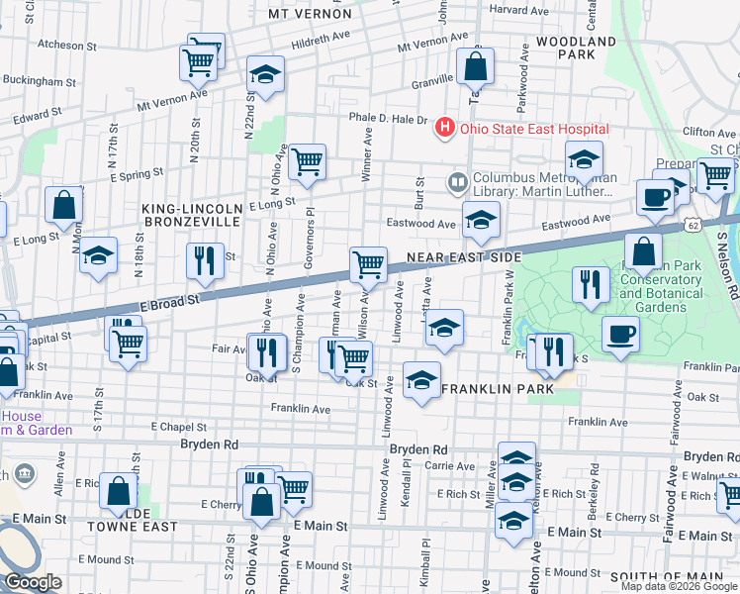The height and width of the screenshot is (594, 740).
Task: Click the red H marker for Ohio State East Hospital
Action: tap(444, 129)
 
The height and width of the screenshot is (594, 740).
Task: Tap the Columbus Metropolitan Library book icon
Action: tap(457, 181)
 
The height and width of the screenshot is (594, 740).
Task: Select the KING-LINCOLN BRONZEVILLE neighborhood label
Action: tap(191, 216)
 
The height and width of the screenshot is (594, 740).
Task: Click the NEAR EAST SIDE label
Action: tap(464, 257)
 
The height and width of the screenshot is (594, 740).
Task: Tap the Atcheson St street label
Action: tap(67, 46)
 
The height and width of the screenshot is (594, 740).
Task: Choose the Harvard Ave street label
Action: tap(518, 9)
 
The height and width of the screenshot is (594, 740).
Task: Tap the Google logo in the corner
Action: tap(33, 582)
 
